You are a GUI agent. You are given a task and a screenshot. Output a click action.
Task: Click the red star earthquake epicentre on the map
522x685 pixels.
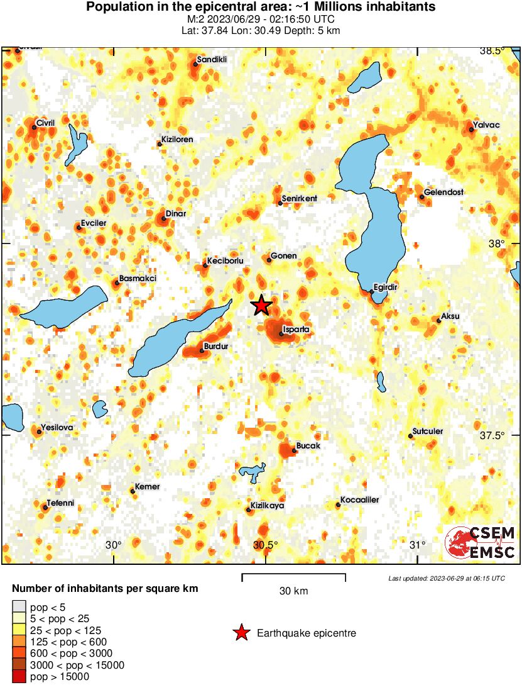(262, 306)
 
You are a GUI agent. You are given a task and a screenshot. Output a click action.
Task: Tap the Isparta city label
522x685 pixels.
(296, 329)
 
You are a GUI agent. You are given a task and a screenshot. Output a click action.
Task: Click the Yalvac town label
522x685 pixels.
(487, 125)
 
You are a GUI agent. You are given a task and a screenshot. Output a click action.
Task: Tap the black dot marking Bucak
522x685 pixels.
(294, 450)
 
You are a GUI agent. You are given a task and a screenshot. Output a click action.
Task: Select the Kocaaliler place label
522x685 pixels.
(359, 500)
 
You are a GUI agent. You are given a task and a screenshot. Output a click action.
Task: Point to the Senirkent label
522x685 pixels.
(300, 199)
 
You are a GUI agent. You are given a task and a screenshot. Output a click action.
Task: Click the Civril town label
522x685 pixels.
(46, 123)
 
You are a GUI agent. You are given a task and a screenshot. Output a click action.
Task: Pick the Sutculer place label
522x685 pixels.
(427, 432)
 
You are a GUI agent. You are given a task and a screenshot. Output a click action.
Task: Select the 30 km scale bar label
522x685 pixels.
(293, 591)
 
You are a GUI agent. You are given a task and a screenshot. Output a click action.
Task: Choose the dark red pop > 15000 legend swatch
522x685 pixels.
(19, 677)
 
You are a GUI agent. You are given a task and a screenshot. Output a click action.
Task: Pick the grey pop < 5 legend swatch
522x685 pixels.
(19, 607)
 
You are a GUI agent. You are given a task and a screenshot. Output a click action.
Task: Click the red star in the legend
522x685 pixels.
(241, 633)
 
